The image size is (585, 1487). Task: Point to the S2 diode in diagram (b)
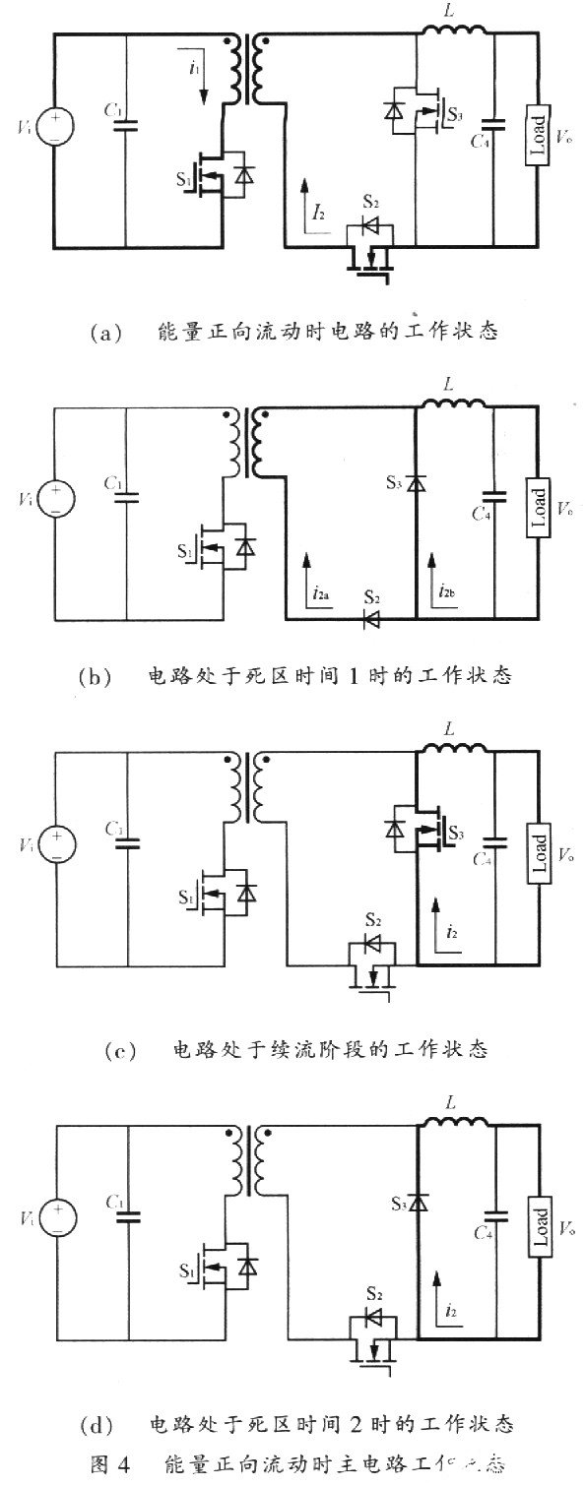click(372, 619)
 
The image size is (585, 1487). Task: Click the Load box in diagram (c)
click(537, 848)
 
